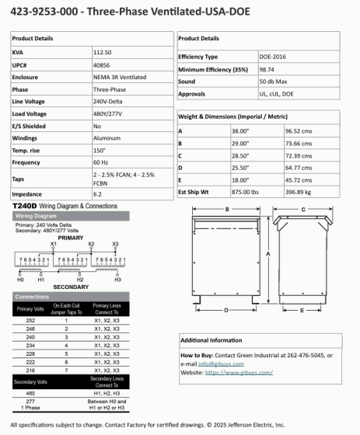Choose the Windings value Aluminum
(107, 137)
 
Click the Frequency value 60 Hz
(102, 162)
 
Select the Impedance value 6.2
(97, 193)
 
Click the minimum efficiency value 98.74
(267, 69)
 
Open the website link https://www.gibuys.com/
(239, 372)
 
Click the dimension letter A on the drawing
(267, 254)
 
